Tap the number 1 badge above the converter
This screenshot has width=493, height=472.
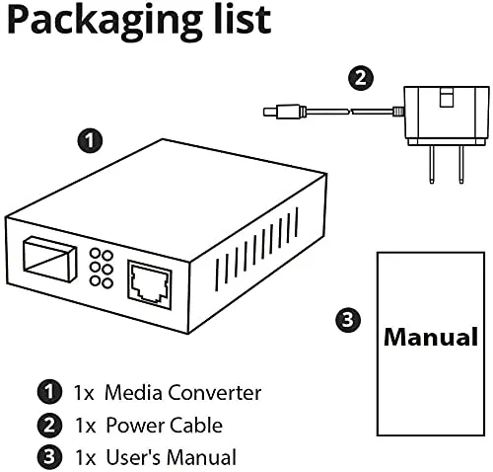[90, 141]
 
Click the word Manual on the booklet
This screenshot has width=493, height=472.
[430, 338]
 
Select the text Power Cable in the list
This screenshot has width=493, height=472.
[164, 426]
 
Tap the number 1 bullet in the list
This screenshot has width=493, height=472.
[49, 393]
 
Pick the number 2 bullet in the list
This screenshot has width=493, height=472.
[49, 426]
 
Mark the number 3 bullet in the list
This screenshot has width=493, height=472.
[49, 457]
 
